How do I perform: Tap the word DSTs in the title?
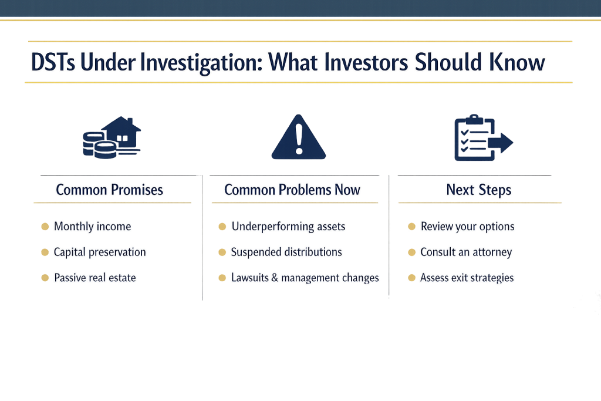pyautogui.click(x=53, y=62)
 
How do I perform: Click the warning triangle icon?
pyautogui.click(x=299, y=137)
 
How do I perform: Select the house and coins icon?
pyautogui.click(x=112, y=137)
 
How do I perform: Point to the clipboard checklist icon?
pyautogui.click(x=484, y=137)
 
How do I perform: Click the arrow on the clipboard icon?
pyautogui.click(x=501, y=143)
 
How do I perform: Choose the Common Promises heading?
pyautogui.click(x=109, y=190)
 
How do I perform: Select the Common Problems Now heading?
pyautogui.click(x=292, y=190)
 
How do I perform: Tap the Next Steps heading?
pyautogui.click(x=479, y=190)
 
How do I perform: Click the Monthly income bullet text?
pyautogui.click(x=92, y=226)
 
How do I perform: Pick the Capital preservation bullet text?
pyautogui.click(x=100, y=252)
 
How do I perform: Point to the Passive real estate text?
pyautogui.click(x=95, y=278)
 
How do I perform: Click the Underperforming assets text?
pyautogui.click(x=288, y=226)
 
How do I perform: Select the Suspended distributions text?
pyautogui.click(x=286, y=252)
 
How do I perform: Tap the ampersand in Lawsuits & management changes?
pyautogui.click(x=275, y=278)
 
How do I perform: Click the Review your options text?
pyautogui.click(x=467, y=226)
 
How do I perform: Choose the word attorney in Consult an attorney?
pyautogui.click(x=492, y=252)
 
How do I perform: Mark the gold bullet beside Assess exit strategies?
pyautogui.click(x=411, y=278)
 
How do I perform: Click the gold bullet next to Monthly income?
pyautogui.click(x=45, y=226)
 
